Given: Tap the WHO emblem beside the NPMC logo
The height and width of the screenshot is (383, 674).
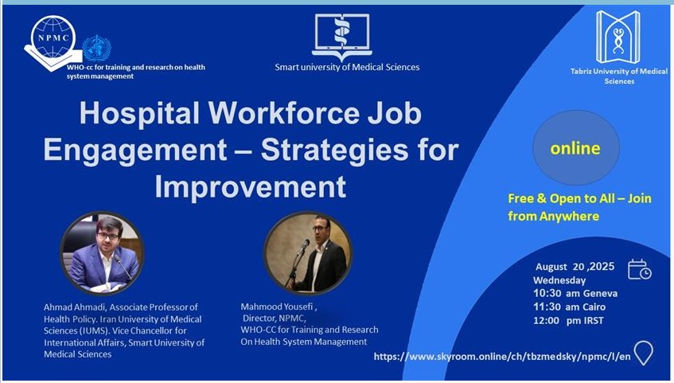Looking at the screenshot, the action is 97,49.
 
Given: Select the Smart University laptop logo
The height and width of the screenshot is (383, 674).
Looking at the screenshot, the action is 342,37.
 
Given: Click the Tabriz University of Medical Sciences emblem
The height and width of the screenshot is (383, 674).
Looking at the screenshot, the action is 618,37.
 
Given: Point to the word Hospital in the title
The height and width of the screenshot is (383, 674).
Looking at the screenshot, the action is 139,113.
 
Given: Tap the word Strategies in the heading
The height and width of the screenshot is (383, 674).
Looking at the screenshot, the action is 333,150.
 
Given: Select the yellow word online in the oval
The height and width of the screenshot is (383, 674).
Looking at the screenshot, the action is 575,148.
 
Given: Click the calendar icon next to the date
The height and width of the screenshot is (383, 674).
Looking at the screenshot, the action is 639,270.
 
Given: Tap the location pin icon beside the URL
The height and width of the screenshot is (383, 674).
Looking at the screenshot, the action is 644,353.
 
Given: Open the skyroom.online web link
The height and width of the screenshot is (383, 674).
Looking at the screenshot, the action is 502,356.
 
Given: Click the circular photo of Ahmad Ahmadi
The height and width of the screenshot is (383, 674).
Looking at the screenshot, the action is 103,253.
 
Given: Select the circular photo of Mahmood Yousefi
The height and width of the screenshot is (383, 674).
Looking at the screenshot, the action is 308,253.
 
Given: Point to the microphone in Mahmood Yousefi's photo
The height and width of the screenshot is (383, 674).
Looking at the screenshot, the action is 302,248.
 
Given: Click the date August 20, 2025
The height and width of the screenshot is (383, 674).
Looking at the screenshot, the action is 575,267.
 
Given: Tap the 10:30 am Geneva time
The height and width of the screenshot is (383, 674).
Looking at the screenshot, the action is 575,294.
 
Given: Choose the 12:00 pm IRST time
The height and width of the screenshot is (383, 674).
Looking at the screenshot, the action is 568,321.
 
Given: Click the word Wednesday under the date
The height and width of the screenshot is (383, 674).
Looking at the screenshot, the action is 559,280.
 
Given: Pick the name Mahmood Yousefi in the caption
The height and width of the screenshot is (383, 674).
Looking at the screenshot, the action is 277,307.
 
